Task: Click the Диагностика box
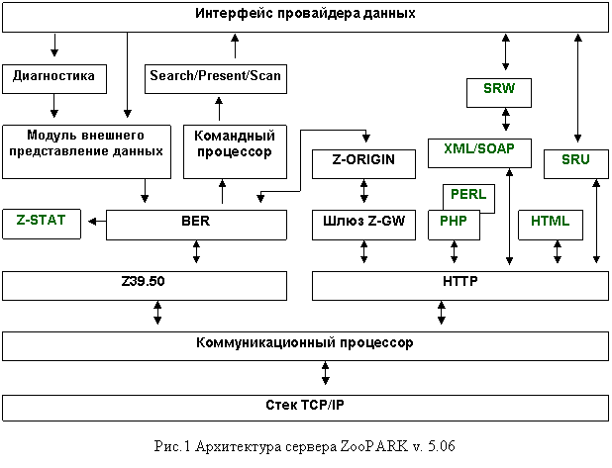point(54,79)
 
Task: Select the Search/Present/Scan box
point(216,79)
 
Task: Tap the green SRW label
point(499,88)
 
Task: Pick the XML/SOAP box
point(479,153)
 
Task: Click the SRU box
point(576,164)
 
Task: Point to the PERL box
point(468,199)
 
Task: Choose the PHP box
point(454,225)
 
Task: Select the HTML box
point(551,225)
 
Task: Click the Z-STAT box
point(42,224)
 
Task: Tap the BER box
point(196,225)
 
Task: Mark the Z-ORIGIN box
point(363,164)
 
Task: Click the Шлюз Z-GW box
point(363,225)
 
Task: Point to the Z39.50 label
point(143,281)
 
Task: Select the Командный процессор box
point(235,151)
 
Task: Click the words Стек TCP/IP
point(305,405)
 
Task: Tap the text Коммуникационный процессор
point(304,342)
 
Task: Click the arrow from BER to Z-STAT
point(97,222)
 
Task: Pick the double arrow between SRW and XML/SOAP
point(506,120)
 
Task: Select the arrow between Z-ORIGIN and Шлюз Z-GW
point(363,191)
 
